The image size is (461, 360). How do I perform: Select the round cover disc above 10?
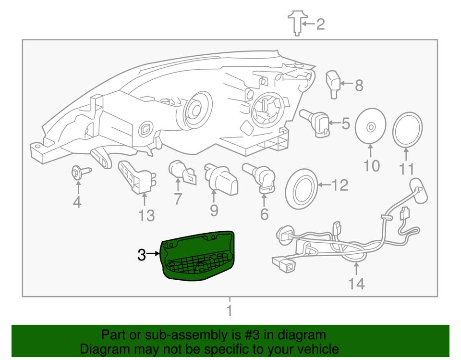371,126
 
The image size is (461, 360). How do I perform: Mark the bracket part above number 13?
136,177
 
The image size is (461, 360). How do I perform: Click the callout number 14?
357,284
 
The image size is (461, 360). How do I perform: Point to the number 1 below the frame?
229,310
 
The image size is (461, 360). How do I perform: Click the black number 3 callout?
141,255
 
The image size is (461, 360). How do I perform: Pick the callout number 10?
371,166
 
